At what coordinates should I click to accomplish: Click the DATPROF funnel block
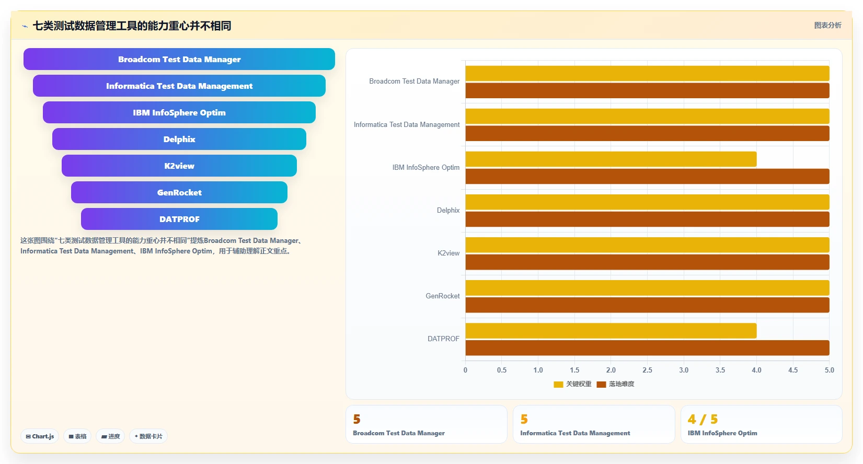[x=179, y=219]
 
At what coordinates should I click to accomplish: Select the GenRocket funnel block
[x=179, y=192]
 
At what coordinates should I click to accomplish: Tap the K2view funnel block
[x=179, y=166]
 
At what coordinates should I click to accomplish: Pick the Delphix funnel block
[x=179, y=139]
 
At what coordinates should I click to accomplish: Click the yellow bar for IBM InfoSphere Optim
[x=611, y=159]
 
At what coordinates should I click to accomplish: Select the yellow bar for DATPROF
[x=611, y=331]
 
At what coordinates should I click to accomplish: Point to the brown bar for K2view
[x=647, y=262]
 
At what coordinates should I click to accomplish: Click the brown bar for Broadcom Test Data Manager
[x=647, y=90]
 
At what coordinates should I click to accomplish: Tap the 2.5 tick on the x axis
[x=647, y=370]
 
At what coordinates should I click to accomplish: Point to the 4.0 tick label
[x=757, y=370]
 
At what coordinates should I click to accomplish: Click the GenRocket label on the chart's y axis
[x=443, y=296]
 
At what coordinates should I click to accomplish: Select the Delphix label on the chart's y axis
[x=448, y=210]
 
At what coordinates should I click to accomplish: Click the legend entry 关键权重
[x=572, y=384]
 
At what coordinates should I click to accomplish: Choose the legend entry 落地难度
[x=615, y=384]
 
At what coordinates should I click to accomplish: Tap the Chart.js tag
[x=40, y=436]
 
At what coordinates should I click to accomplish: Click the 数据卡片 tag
[x=148, y=436]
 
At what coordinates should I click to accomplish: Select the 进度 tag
[x=110, y=436]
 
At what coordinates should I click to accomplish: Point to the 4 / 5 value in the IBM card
[x=703, y=419]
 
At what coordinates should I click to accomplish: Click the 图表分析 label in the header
[x=827, y=26]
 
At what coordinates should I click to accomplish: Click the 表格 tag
[x=77, y=436]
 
